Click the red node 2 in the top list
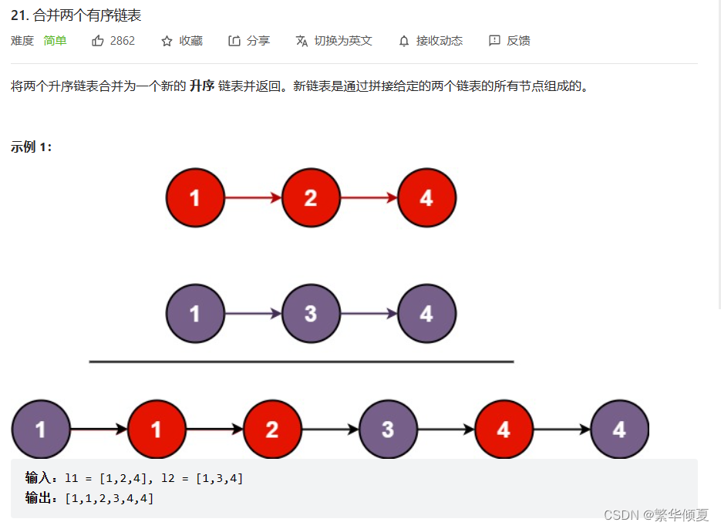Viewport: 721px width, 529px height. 311,198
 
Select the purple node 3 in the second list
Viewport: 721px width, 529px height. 311,314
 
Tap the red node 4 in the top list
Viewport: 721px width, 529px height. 426,198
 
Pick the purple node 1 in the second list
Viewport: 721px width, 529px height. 195,314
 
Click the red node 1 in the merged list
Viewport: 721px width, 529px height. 157,430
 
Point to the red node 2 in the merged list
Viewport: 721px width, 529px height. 272,430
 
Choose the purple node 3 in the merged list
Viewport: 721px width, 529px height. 388,430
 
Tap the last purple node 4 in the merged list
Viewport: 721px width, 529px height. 619,430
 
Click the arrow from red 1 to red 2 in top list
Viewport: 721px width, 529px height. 253,198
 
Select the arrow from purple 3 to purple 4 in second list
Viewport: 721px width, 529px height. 369,314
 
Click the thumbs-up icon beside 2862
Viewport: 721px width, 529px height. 98,41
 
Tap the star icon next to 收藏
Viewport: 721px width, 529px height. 167,41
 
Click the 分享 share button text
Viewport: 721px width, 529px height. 258,41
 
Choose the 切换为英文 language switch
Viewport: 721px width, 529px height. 343,41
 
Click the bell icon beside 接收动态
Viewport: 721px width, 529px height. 404,41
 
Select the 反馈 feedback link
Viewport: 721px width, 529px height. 518,41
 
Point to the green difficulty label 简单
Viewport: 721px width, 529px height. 55,41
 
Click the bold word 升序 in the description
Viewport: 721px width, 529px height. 202,86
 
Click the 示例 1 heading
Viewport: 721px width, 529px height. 32,147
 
